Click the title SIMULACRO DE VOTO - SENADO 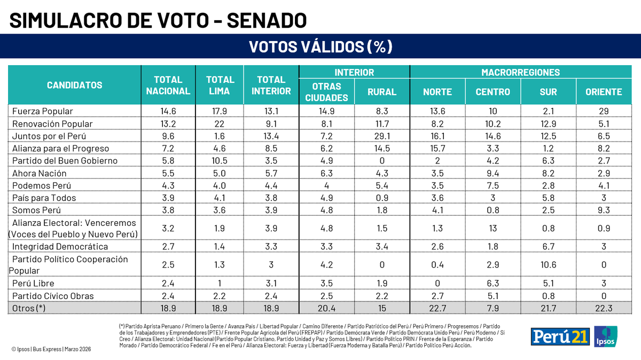(158, 20)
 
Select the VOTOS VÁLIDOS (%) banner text (320, 47)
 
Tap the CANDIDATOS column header (74, 85)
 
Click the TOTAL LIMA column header (220, 85)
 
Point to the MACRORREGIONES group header (520, 72)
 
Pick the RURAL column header (381, 92)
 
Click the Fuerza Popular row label (42, 111)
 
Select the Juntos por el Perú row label (49, 136)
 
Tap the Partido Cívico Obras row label (53, 295)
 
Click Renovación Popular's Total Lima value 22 (220, 123)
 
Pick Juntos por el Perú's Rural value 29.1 (381, 136)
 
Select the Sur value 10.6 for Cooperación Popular (548, 265)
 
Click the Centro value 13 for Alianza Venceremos (493, 228)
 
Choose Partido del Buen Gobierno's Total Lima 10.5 (220, 161)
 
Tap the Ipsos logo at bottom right (605, 336)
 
